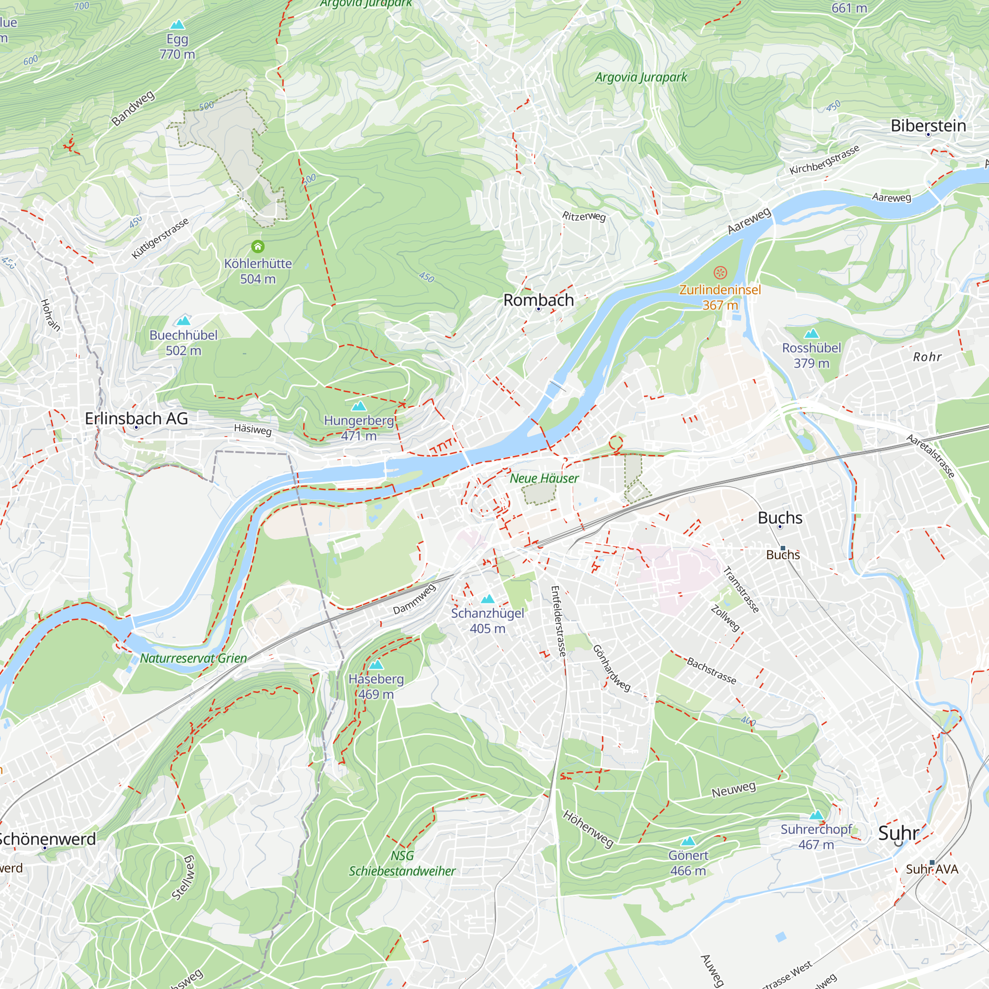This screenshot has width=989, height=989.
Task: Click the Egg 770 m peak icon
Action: (x=177, y=25)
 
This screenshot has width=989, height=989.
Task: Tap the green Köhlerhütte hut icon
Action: (x=258, y=247)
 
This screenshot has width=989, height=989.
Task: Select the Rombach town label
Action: (x=538, y=300)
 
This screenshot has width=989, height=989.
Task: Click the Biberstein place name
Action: (x=928, y=126)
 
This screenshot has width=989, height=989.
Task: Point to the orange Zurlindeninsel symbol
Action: (x=720, y=272)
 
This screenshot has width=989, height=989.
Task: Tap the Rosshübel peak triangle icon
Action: (x=811, y=334)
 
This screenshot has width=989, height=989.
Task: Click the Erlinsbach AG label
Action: (x=136, y=418)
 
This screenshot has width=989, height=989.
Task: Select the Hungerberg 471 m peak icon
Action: (x=359, y=406)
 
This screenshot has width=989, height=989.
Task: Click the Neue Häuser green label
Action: (x=544, y=478)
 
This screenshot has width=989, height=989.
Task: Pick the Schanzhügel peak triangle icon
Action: (x=488, y=599)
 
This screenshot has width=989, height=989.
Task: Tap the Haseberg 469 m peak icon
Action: (x=376, y=665)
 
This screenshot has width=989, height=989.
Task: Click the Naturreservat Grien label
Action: (x=193, y=658)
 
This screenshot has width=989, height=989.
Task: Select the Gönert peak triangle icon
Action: (x=688, y=841)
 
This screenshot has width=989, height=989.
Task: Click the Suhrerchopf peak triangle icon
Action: (x=816, y=815)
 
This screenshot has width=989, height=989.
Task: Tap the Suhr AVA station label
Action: (x=932, y=869)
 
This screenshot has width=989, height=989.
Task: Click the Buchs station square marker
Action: (x=783, y=548)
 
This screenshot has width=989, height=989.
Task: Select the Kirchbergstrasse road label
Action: (x=824, y=160)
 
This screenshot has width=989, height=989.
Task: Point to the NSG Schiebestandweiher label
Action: (x=402, y=863)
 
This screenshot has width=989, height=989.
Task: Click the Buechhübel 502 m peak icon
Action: (x=183, y=321)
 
